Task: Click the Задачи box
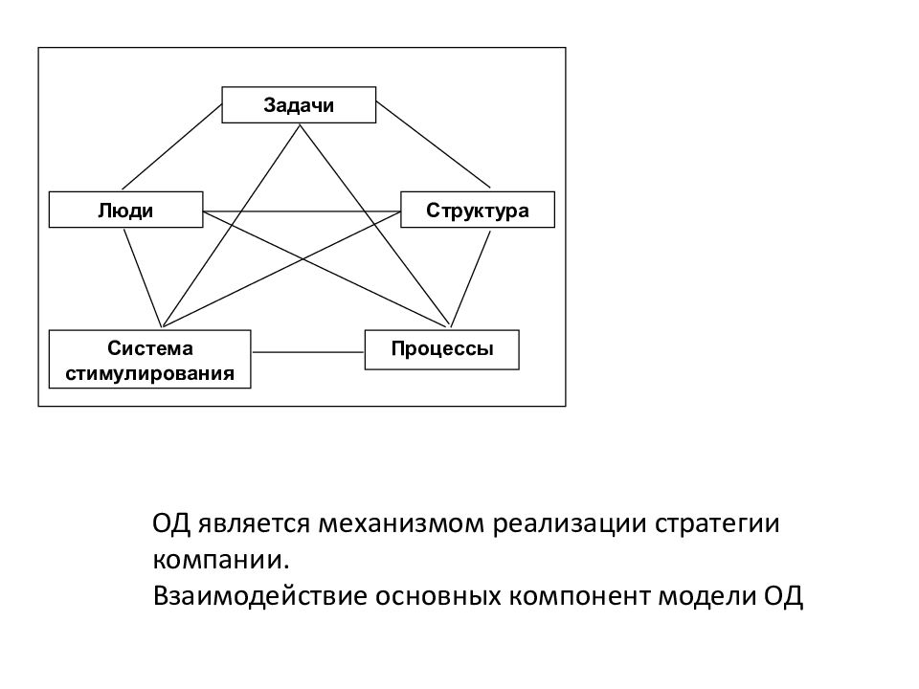click(299, 105)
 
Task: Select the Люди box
click(126, 210)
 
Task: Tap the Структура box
click(478, 210)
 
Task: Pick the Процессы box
click(442, 350)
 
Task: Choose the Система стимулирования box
click(150, 359)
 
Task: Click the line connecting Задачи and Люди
click(172, 146)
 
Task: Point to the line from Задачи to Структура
click(433, 144)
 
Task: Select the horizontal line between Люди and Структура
click(302, 211)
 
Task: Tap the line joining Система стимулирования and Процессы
click(307, 352)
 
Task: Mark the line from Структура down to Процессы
click(470, 278)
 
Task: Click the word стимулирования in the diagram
click(150, 373)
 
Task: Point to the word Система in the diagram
click(150, 348)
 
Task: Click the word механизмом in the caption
click(401, 523)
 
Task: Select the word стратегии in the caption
click(717, 524)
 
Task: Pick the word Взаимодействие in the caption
click(260, 596)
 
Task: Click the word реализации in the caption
click(570, 524)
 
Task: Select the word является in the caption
click(253, 524)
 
